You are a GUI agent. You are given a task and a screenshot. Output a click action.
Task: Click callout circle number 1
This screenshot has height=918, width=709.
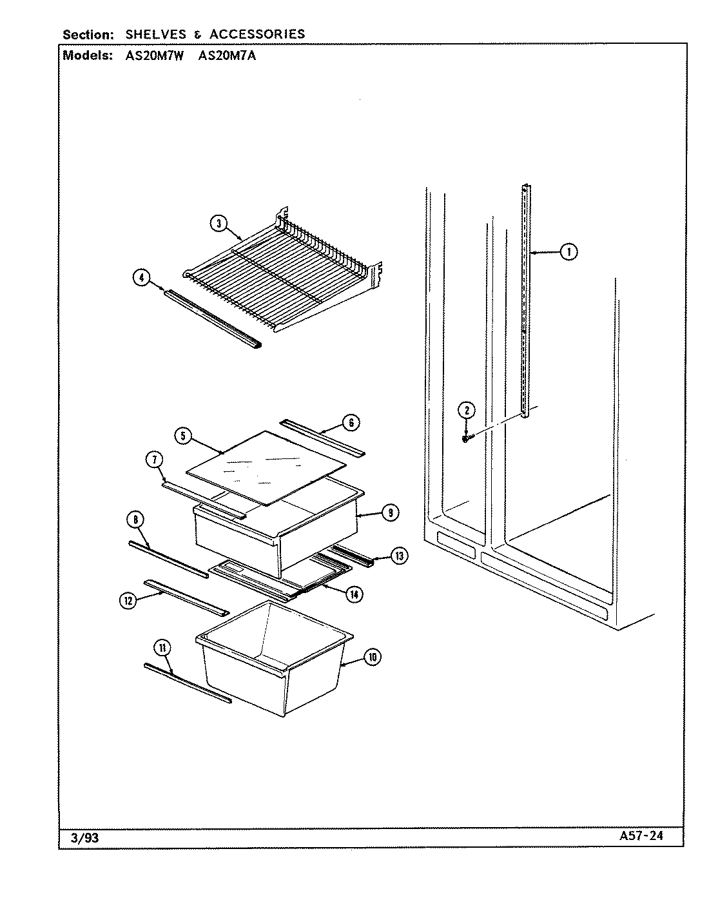pos(568,252)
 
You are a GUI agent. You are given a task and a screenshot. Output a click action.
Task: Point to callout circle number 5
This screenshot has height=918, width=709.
pos(183,436)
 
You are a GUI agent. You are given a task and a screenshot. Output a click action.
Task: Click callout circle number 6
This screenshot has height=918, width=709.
pos(351,423)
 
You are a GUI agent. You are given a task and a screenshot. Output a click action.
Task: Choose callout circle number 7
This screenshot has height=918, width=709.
pos(154,460)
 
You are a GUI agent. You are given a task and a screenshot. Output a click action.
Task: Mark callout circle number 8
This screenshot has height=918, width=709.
pos(136,520)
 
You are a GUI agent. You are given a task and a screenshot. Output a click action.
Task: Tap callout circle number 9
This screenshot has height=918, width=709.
pos(389,513)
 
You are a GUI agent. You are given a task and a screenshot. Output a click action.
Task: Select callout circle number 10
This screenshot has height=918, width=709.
pos(372,657)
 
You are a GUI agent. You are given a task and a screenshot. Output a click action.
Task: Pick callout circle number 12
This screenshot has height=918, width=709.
pos(127,600)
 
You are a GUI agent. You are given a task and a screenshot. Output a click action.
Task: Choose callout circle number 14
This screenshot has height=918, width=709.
pos(354,594)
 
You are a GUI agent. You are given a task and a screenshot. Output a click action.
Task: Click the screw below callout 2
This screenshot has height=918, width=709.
pos(465,438)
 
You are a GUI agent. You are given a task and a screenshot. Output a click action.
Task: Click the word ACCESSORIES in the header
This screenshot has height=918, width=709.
pos(257,34)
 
